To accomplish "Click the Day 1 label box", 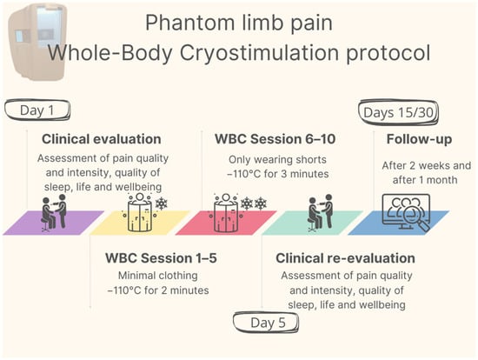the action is click(x=37, y=110).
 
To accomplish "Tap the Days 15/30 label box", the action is click(x=398, y=112).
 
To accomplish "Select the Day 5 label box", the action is click(x=266, y=322).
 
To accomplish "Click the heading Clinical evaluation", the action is click(x=102, y=139).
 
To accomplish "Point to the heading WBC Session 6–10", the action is click(x=276, y=139).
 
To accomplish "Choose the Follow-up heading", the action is click(x=419, y=139).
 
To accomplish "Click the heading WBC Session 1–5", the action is click(x=161, y=258).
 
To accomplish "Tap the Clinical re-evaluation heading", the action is click(x=345, y=258).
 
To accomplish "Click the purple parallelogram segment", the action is click(x=54, y=223).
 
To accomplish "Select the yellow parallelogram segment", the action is click(x=140, y=223).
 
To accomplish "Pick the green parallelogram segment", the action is click(x=312, y=223).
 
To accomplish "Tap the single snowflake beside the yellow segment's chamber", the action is click(x=162, y=203).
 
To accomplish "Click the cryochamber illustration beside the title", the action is click(x=37, y=43).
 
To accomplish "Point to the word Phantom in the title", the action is click(x=188, y=23).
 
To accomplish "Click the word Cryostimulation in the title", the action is click(x=259, y=53).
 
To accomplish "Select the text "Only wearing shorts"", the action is click(x=277, y=159).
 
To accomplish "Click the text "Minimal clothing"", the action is click(x=158, y=276).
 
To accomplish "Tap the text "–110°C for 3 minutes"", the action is click(x=278, y=174).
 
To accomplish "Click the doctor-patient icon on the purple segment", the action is click(x=54, y=213).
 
